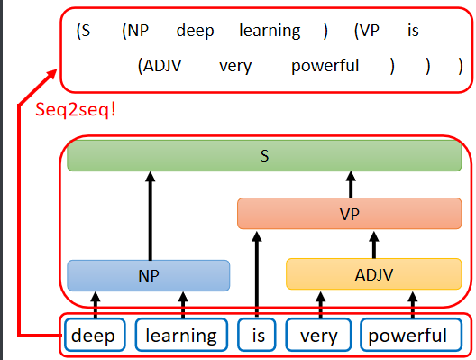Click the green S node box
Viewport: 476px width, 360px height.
pos(264,156)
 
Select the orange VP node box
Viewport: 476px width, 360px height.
pos(350,214)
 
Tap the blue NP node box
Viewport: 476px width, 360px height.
pos(149,274)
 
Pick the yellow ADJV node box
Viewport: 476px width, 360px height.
pos(373,274)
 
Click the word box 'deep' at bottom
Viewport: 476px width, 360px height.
pos(94,336)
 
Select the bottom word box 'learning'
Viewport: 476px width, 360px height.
pos(181,336)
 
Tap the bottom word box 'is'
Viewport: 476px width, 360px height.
pos(256,336)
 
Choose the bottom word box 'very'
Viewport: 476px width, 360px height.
pos(318,336)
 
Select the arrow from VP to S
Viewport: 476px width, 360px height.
pos(350,185)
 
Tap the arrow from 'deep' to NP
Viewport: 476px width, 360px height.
pos(94,303)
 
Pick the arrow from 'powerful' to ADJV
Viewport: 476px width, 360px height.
pos(413,303)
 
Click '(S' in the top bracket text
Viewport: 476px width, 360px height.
pos(84,31)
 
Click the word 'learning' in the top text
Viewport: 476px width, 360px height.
pos(270,31)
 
